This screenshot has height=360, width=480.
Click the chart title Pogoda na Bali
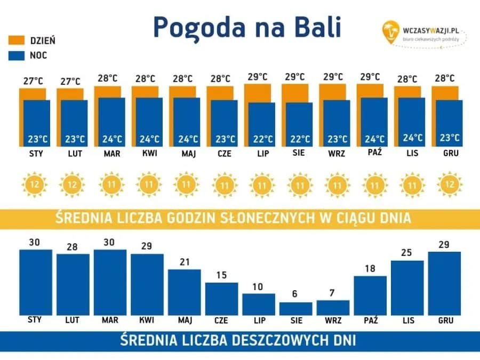coord(246,27)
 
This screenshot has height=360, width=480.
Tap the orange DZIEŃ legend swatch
coord(17,40)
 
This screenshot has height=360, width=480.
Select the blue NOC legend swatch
coord(17,55)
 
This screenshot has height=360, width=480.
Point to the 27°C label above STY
coord(33,81)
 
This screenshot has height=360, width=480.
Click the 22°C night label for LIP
coord(262,140)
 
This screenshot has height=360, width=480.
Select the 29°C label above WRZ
coord(332,77)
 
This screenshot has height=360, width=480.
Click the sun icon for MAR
coord(110,186)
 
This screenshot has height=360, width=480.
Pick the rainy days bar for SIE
coord(295,309)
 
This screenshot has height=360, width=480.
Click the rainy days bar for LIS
coord(407,287)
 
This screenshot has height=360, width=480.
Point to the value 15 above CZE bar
coord(221,275)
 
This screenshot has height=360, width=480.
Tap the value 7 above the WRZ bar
coord(333,293)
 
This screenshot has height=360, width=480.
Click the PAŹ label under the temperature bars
coord(374,154)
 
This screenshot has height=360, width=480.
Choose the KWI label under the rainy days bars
coord(147,321)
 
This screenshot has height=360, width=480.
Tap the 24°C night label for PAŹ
coord(374,140)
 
